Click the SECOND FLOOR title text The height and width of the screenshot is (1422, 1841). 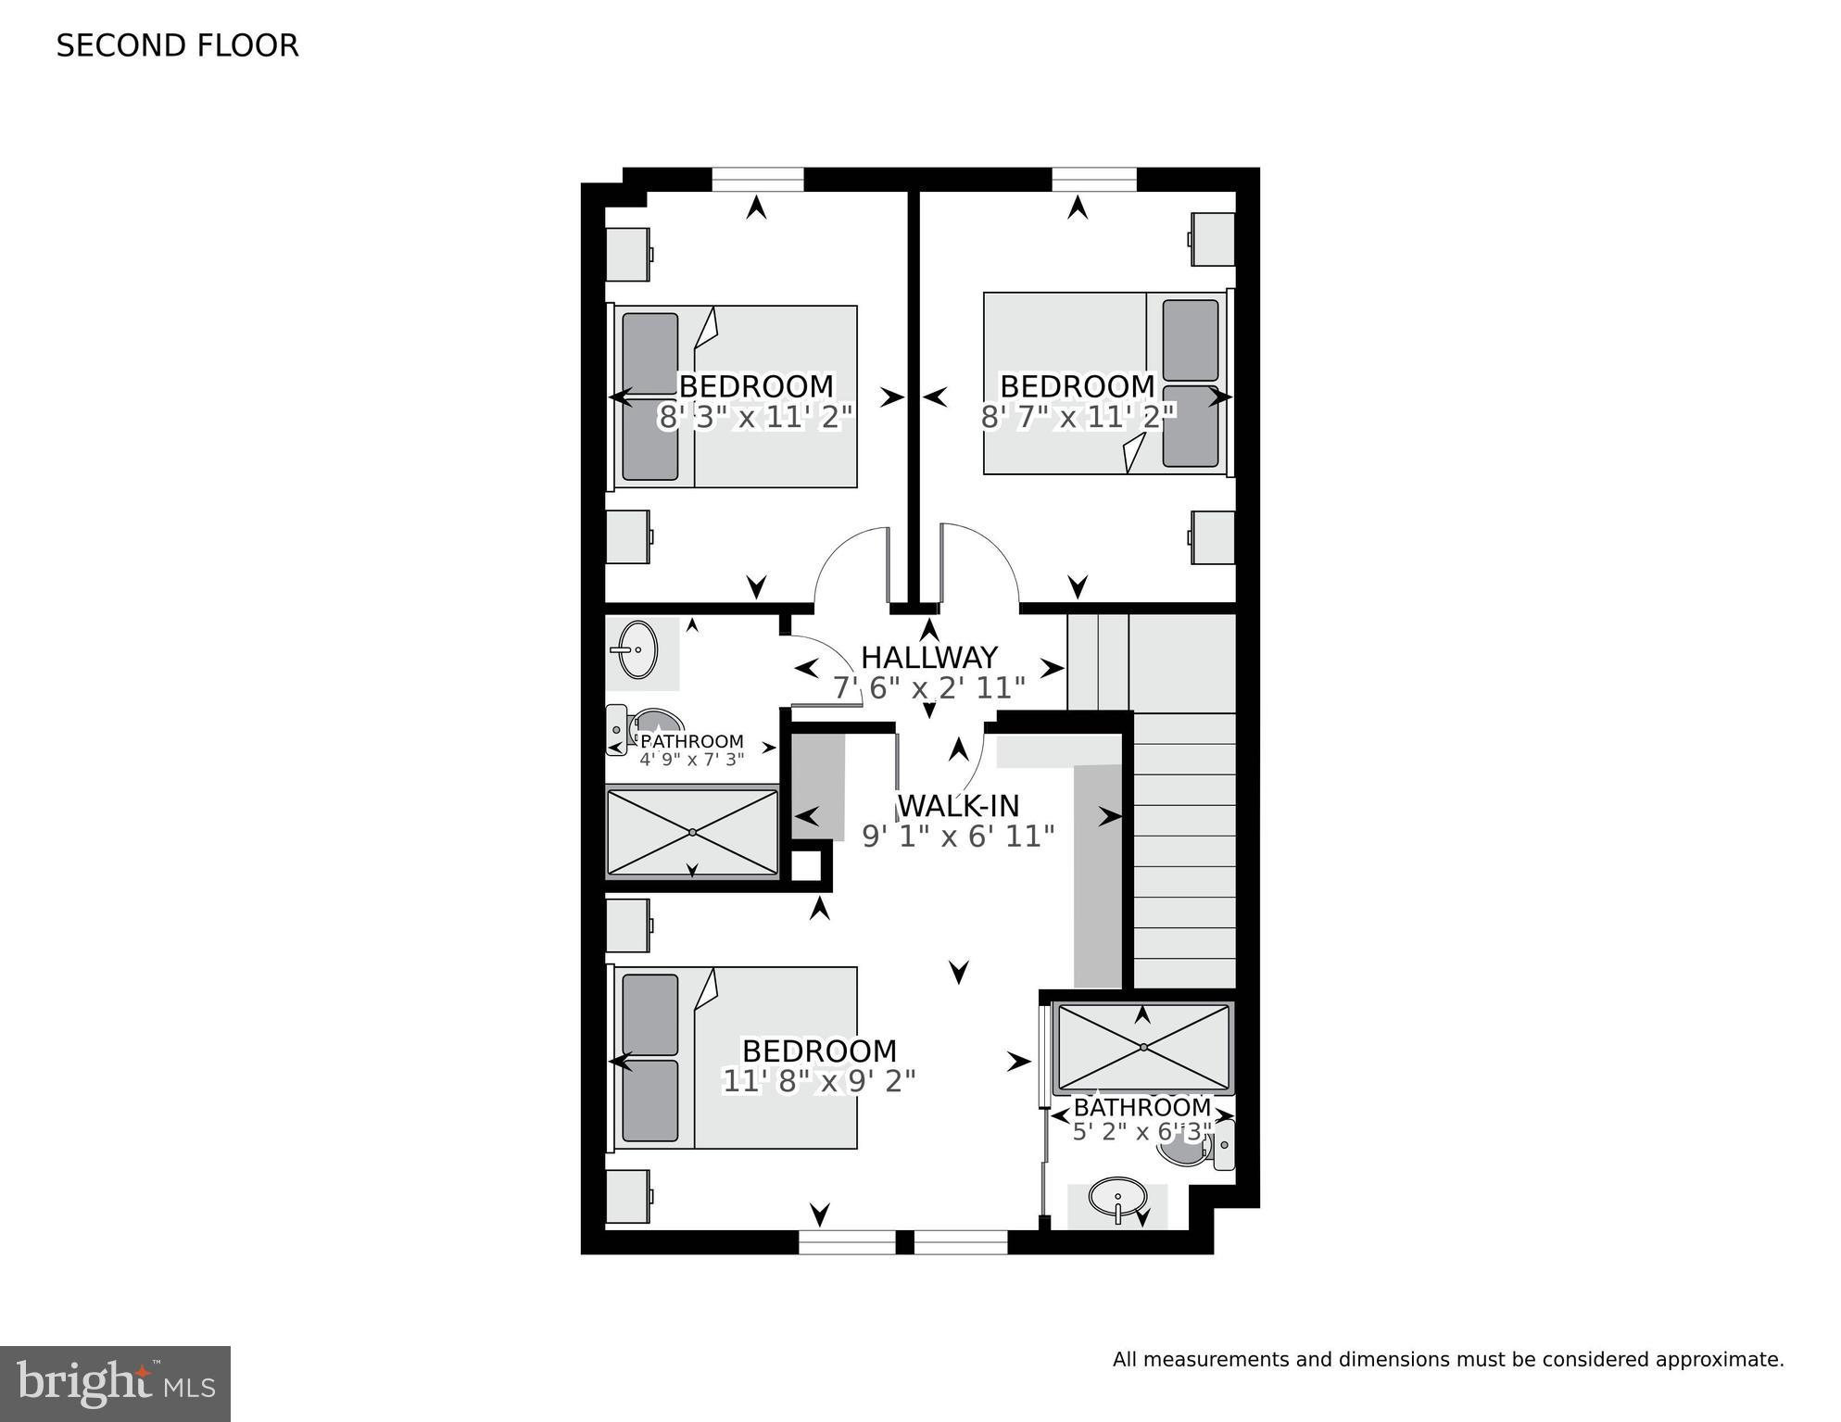[x=177, y=45]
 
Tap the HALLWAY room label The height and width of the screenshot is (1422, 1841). [x=928, y=658]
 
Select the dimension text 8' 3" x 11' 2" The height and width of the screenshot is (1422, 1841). [x=755, y=418]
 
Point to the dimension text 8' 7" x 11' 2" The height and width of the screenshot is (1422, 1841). [x=1078, y=418]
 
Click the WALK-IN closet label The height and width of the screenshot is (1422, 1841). [x=958, y=805]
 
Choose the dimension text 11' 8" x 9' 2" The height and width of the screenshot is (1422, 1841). [x=819, y=1081]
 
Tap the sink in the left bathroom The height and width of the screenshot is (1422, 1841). [x=638, y=649]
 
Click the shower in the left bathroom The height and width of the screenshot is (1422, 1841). [x=692, y=832]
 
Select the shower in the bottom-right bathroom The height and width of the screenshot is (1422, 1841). [x=1143, y=1047]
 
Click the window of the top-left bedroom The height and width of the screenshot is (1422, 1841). [x=757, y=179]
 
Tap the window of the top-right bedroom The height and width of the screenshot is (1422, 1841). [x=1093, y=179]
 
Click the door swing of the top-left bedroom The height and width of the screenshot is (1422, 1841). [x=851, y=567]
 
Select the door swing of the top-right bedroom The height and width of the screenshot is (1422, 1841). [x=980, y=567]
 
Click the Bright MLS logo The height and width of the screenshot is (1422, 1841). [x=115, y=1384]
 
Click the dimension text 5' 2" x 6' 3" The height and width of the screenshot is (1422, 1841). [x=1141, y=1132]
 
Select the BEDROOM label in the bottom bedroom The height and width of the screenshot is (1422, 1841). [x=819, y=1051]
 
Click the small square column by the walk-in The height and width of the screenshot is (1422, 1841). [x=805, y=866]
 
